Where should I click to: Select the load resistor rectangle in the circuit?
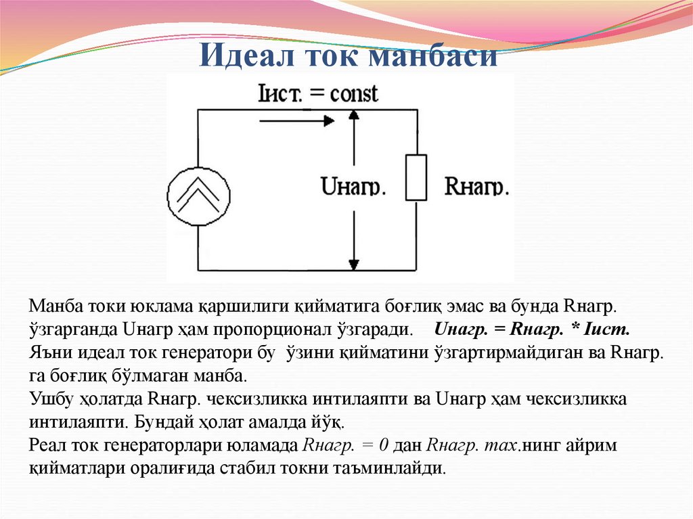416,177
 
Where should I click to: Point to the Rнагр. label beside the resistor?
476,187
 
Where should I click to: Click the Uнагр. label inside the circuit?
353,187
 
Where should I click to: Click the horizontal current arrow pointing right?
297,121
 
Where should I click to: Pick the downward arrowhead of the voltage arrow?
353,265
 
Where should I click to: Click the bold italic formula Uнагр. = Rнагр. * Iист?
532,331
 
